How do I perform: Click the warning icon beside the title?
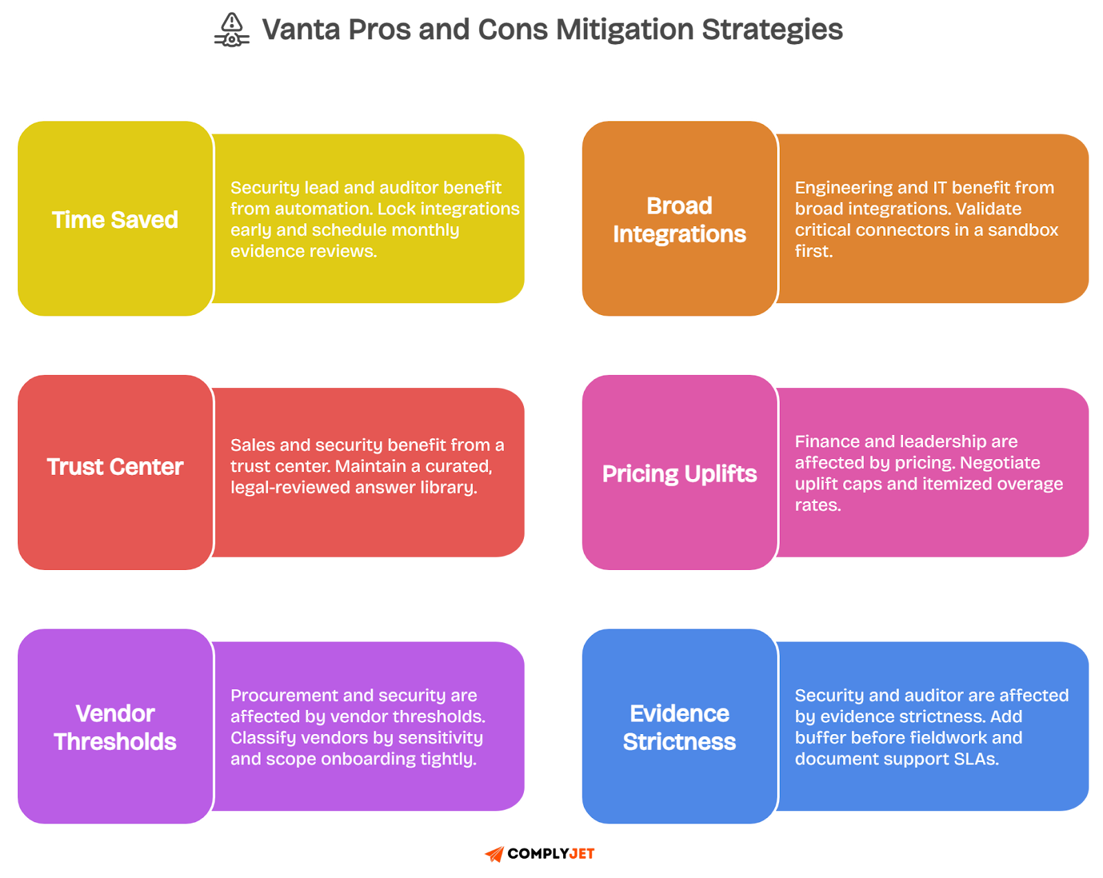[232, 30]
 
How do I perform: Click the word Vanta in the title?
[301, 30]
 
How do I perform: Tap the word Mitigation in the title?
[625, 30]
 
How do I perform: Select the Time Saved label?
[115, 220]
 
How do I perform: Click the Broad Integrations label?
[679, 220]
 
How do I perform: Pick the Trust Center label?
[115, 467]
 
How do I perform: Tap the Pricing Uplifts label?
[679, 473]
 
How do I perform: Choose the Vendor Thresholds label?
[115, 727]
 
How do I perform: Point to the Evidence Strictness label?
[679, 727]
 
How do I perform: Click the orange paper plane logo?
[495, 854]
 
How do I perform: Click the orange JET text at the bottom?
[582, 854]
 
